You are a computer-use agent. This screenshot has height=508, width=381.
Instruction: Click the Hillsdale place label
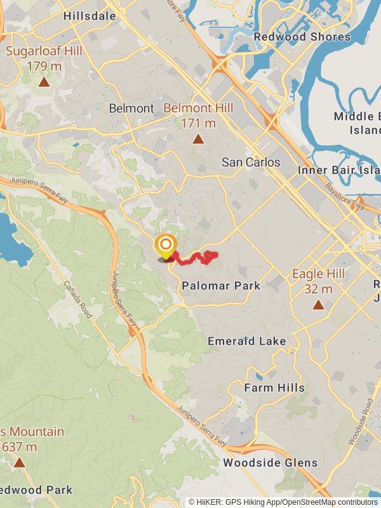pos(90,17)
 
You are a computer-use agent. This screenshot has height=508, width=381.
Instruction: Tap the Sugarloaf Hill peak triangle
pos(44,82)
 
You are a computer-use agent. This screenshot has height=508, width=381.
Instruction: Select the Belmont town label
pos(131,109)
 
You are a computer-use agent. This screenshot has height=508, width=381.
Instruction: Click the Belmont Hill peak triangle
pos(198,139)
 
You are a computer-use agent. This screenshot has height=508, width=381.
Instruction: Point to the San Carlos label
pos(251,163)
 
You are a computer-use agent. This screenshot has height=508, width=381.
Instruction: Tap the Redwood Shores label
pos(302,37)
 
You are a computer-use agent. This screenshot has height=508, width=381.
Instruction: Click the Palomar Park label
pos(221,286)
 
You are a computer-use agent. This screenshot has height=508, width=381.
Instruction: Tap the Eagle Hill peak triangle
pos(318,305)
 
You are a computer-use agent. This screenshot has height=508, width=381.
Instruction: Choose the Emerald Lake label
pos(247,342)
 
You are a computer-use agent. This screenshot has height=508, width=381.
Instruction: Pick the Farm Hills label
pos(274,387)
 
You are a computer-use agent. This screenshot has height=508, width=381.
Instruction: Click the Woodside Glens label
pos(270,463)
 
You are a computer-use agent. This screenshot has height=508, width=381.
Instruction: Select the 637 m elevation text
pos(20,447)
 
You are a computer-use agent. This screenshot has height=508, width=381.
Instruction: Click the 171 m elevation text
pos(198,123)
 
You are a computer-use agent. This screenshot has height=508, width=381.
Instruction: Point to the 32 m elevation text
pos(318,289)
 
